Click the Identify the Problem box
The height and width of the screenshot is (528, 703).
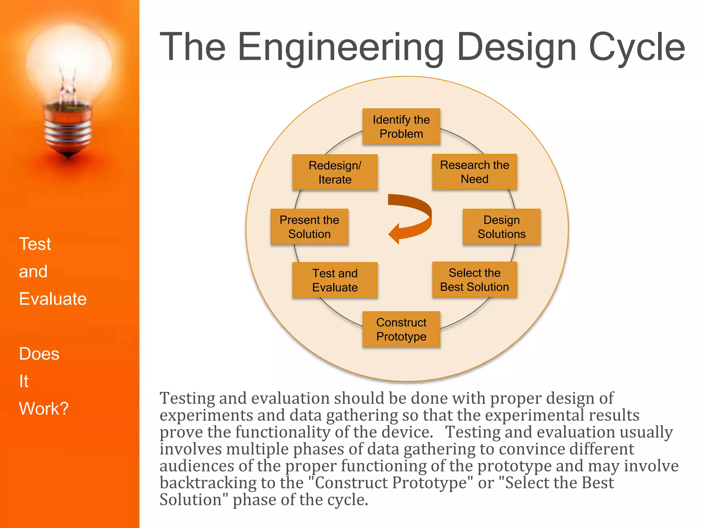pyautogui.click(x=401, y=126)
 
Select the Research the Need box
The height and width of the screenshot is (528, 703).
pyautogui.click(x=474, y=172)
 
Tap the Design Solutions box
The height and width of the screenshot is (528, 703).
pyautogui.click(x=502, y=227)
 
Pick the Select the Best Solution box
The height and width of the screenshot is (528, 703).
pyautogui.click(x=474, y=280)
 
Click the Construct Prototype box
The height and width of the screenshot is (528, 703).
pyautogui.click(x=401, y=329)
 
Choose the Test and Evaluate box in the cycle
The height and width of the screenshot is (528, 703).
pyautogui.click(x=335, y=280)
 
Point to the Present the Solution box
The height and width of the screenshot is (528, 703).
pyautogui.click(x=309, y=227)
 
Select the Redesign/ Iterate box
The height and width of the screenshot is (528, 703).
pyautogui.click(x=335, y=172)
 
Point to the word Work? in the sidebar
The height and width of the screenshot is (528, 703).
pyautogui.click(x=44, y=408)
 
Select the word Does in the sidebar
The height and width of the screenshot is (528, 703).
pyautogui.click(x=39, y=354)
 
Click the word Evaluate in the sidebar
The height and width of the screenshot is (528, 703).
pyautogui.click(x=53, y=299)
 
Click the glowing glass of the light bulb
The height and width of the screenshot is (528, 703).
pyautogui.click(x=69, y=62)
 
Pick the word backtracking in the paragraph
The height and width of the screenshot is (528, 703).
pyautogui.click(x=208, y=483)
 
